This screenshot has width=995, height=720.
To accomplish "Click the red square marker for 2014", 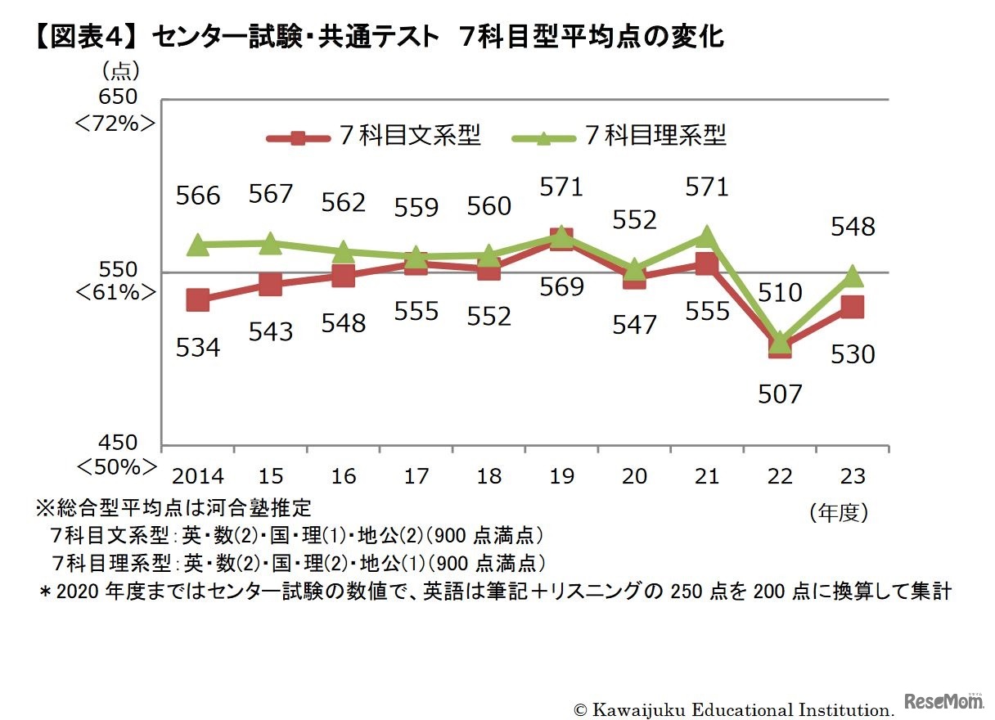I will coord(198,299).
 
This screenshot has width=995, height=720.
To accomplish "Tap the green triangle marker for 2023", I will coord(853,277).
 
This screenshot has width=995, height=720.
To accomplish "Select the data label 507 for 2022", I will coord(780,394).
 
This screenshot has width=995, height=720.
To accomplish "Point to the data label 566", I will coord(198,196).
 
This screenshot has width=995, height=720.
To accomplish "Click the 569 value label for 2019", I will coord(561,287).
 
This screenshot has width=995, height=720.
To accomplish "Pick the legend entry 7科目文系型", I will coord(376,136).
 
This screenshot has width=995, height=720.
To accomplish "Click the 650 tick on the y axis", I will coord(118,97).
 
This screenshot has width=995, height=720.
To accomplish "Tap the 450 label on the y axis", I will coord(118,443).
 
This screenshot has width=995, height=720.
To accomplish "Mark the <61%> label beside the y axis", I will coord(115,294).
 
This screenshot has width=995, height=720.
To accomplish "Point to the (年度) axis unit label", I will coord(838,513).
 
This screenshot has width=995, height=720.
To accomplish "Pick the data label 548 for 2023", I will coord(853,227).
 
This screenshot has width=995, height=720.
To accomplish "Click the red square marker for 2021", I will coord(707,263).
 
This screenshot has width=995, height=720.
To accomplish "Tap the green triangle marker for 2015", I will coord(271,243).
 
